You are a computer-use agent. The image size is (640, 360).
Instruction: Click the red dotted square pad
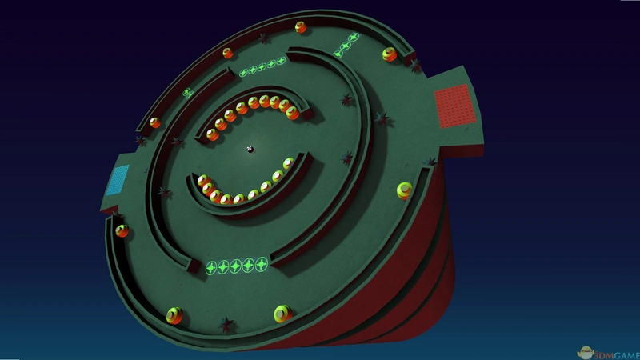click(455, 106)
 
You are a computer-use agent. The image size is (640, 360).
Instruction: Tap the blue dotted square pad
click(118, 180)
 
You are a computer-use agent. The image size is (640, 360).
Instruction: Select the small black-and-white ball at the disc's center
click(250, 150)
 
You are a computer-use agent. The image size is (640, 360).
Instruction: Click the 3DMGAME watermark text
click(616, 355)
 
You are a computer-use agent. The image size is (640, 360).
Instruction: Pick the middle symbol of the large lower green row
click(235, 266)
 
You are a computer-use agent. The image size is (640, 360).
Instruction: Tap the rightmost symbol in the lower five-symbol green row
click(262, 264)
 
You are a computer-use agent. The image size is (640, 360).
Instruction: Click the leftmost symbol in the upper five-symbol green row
click(243, 73)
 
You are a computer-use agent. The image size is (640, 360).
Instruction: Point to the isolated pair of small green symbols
click(187, 93)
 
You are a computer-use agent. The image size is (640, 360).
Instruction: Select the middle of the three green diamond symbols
click(346, 46)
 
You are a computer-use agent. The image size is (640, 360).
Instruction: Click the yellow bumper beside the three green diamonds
click(390, 54)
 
